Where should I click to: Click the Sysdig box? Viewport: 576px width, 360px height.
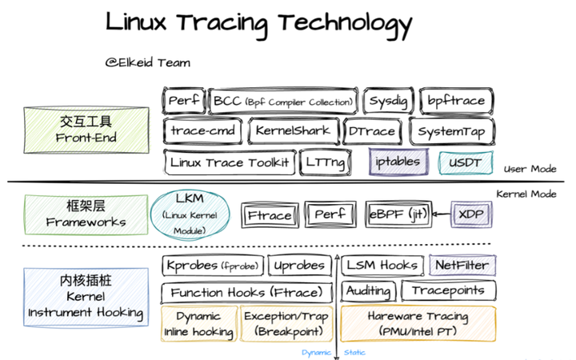387,102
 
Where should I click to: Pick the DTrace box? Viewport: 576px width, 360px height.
373,130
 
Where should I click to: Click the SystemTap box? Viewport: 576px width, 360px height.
449,130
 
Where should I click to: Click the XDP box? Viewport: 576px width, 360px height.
471,214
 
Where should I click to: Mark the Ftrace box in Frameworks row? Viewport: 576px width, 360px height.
270,214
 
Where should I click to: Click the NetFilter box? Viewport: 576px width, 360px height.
462,265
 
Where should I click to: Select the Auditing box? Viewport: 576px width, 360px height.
368,291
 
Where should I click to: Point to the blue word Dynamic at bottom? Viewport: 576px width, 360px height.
317,352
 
